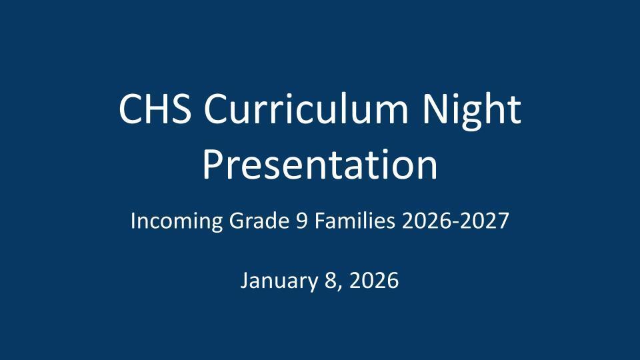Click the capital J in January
[244, 281]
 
